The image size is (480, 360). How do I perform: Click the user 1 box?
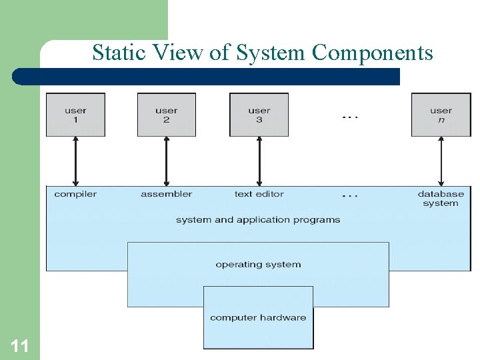coord(75,115)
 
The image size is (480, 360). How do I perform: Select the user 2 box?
coord(166,115)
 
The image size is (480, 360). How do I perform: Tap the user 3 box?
coord(259,115)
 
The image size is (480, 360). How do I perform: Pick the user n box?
coord(441,115)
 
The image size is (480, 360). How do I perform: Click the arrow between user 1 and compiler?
coord(75,161)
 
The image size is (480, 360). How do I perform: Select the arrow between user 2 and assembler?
coord(166,161)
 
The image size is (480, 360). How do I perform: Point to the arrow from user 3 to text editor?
coord(259,161)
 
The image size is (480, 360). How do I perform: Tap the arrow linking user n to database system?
coord(441,161)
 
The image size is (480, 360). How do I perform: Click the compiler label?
coord(75,194)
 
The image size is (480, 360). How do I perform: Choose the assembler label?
coord(166,194)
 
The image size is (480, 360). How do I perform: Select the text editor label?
coord(259,194)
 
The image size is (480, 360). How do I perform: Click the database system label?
coord(441,199)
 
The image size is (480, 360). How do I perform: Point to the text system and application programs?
coord(258,219)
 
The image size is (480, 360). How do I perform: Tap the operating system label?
coord(258,265)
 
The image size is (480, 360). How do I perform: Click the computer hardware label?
coord(258,317)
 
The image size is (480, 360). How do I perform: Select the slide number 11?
coord(19,345)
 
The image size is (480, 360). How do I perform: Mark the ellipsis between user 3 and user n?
coord(350,117)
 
